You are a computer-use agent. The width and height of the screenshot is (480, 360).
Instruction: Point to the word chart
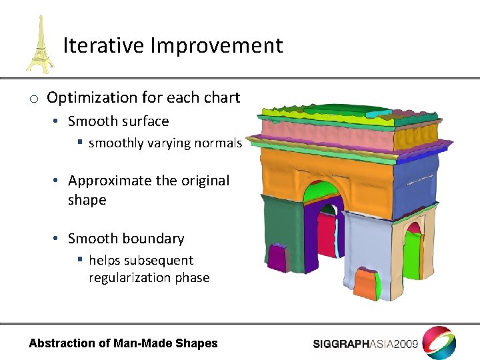click(223, 97)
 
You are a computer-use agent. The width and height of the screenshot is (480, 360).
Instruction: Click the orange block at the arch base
click(365, 283)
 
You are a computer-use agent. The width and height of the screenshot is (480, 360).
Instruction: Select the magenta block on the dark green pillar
click(277, 258)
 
